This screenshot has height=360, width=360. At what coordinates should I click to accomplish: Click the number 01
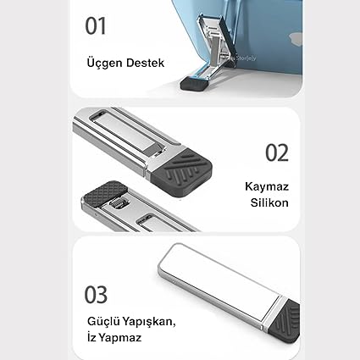click(x=96, y=26)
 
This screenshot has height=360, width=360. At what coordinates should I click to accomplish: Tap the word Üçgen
click(x=104, y=63)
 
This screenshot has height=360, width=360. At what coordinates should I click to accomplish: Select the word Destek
click(x=145, y=63)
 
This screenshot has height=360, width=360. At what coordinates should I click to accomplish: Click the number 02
click(x=277, y=152)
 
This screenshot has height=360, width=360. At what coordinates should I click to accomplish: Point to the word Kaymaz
click(x=267, y=187)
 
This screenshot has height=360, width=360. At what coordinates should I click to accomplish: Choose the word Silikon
click(x=269, y=202)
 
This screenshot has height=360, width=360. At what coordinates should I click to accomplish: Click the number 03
click(x=96, y=295)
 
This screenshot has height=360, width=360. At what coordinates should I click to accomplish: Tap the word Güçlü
click(x=103, y=322)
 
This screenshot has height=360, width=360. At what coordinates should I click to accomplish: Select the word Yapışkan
click(x=149, y=322)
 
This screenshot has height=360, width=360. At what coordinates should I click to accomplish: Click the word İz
click(x=91, y=337)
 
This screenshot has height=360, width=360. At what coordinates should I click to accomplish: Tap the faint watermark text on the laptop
click(x=243, y=58)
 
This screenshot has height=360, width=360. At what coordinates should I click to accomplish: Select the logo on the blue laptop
click(x=296, y=39)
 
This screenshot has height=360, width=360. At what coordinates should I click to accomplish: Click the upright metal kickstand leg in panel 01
click(x=217, y=45)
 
